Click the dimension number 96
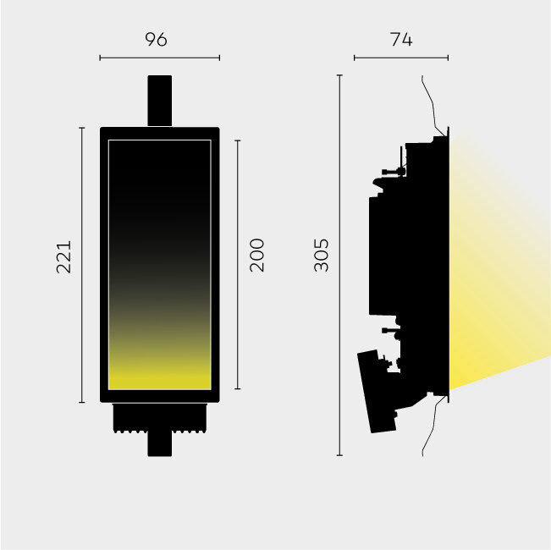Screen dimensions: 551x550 157,39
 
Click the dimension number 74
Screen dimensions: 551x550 401,39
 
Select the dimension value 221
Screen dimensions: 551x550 64,256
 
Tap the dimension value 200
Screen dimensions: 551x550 256,256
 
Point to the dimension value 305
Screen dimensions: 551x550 321,256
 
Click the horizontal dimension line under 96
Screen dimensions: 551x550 159,58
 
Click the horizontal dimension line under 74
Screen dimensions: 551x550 401,58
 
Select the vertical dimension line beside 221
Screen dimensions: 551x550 82,265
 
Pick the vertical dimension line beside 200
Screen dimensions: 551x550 238,265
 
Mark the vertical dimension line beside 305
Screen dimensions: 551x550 339,265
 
